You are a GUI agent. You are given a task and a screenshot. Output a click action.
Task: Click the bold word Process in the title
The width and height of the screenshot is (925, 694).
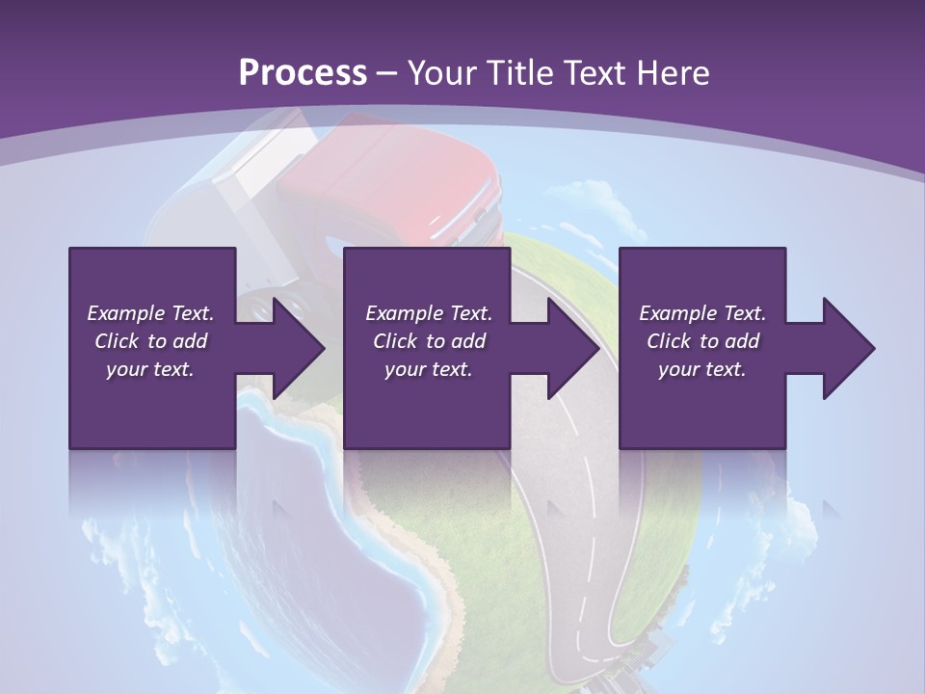(303, 72)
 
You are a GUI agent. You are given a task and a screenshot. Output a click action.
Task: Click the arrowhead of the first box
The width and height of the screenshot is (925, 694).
(300, 348)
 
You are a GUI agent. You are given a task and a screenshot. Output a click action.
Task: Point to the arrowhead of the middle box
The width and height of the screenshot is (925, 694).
(574, 348)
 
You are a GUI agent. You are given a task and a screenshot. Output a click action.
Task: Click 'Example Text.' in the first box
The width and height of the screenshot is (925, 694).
(150, 313)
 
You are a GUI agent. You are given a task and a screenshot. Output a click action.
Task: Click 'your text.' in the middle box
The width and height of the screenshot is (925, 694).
(428, 369)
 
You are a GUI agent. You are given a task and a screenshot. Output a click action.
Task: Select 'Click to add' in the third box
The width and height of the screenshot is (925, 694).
(702, 341)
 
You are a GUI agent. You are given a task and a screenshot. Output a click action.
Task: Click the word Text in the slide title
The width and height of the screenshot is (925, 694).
(592, 72)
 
